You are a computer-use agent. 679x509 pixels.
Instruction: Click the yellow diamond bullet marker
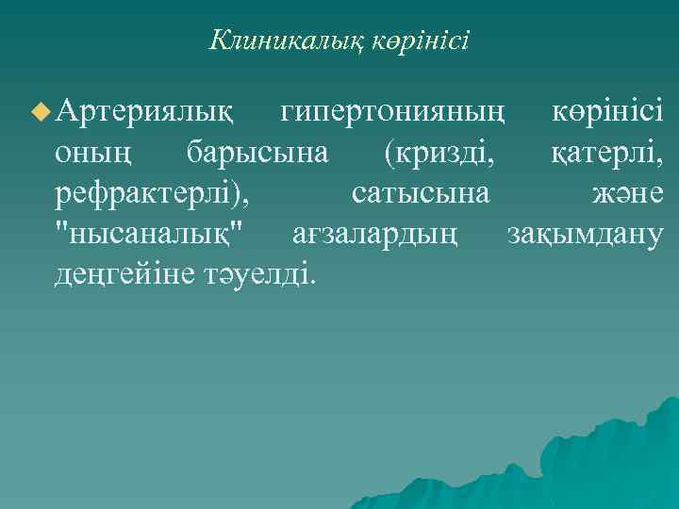point(39,113)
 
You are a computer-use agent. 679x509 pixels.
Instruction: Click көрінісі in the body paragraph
point(608,113)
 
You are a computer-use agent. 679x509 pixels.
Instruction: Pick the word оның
point(91,154)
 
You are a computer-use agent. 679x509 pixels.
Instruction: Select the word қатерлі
point(608,154)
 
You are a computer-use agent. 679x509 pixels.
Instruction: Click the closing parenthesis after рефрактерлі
point(242,195)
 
